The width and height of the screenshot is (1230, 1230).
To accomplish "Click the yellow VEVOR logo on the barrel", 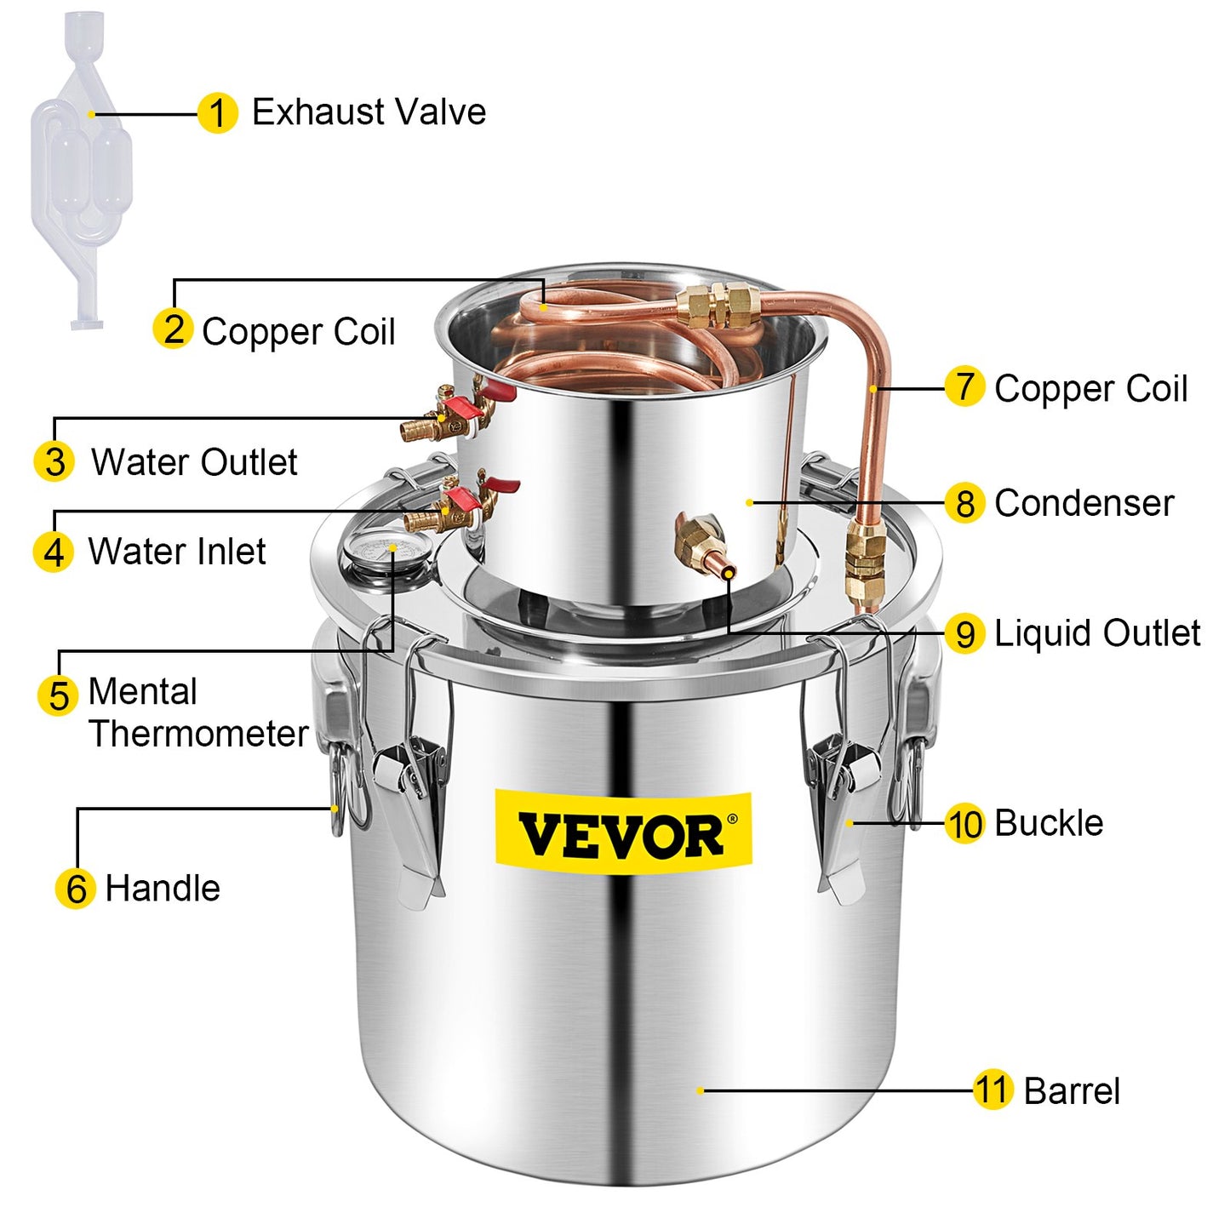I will pos(623,833).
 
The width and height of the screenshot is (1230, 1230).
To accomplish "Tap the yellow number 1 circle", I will pos(217,113).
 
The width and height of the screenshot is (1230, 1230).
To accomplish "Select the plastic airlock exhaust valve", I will pos(80,170).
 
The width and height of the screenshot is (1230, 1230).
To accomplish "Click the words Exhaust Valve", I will pos(369,112).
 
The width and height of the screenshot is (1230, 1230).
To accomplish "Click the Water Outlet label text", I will pos(194,462).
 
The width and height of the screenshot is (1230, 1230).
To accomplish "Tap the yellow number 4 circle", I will pos(54,552).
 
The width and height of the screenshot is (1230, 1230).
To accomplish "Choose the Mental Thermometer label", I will pos(197,712).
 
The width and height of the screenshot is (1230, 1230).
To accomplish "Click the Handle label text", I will pos(163,889).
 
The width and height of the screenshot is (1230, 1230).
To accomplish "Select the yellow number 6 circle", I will pos(75,889).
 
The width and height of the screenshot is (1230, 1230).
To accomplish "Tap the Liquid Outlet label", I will pos(1097,633).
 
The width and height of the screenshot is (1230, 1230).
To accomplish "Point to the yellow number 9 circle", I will pos(964,634).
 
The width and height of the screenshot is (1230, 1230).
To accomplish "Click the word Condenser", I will pos(1084,503).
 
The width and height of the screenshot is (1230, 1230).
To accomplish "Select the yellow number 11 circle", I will pos(992,1090).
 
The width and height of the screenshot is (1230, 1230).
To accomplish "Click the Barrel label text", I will pos(1072,1091).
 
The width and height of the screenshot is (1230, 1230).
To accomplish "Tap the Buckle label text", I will pos(1049,823).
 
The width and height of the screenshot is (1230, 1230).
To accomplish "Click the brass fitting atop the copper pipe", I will pos(719,306).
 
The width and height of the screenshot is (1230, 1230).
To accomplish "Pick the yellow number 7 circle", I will pos(964,387).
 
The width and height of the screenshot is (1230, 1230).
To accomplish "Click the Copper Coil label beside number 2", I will pos(298,331).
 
